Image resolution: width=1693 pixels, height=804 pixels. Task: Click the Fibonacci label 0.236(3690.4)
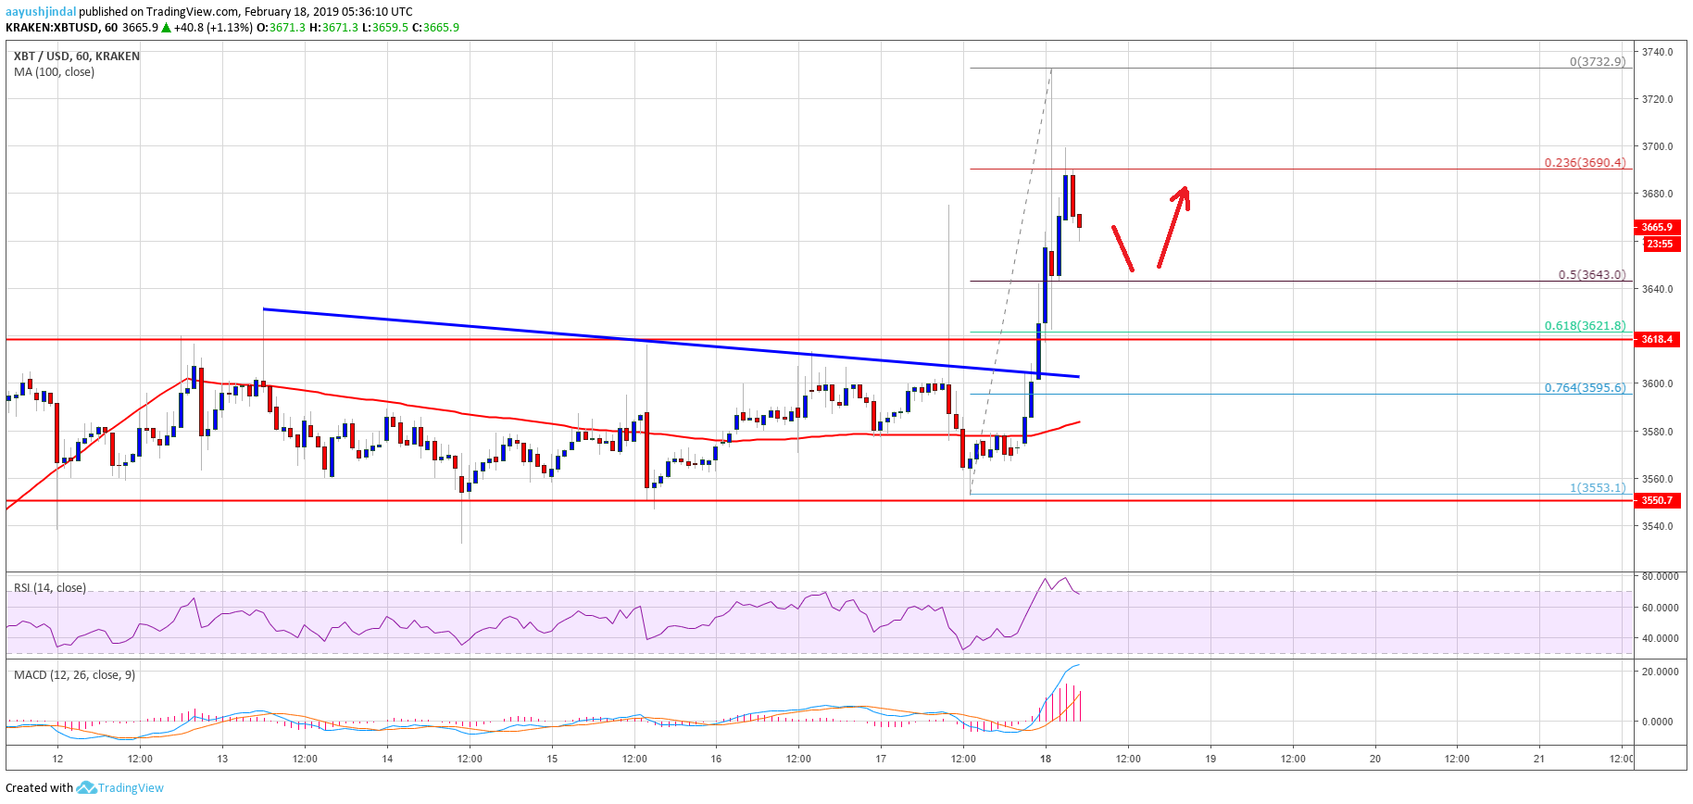(x=1584, y=162)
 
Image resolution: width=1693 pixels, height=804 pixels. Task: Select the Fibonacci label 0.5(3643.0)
(x=1591, y=274)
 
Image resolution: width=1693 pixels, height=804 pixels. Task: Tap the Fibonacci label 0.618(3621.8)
(x=1584, y=325)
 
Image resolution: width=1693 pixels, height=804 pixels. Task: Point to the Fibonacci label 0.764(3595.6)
(x=1584, y=387)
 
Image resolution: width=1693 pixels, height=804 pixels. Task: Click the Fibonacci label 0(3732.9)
(x=1597, y=62)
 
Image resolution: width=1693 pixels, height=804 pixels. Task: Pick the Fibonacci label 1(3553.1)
(x=1597, y=487)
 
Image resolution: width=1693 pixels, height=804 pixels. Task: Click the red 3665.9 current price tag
(x=1657, y=227)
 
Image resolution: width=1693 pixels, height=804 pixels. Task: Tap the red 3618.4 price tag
(x=1657, y=339)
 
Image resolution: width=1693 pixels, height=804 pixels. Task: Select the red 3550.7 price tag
(x=1657, y=500)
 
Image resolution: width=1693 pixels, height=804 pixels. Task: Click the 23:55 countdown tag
(x=1659, y=244)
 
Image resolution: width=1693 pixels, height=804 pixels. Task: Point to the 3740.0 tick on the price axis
(x=1657, y=52)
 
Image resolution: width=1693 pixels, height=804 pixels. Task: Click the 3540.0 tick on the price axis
(x=1657, y=526)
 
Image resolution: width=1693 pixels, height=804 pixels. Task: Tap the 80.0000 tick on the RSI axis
(x=1660, y=576)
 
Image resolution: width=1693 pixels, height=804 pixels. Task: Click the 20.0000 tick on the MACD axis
(x=1660, y=672)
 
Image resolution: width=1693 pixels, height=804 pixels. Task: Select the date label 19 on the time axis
(x=1210, y=759)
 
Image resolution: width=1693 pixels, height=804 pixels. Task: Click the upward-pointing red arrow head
(x=1183, y=194)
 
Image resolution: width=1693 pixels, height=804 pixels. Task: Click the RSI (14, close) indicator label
(x=50, y=588)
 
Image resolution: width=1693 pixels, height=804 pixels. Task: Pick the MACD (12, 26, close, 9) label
(x=74, y=674)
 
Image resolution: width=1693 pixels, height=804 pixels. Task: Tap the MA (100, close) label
(x=54, y=72)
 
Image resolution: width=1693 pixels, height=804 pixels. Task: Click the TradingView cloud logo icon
(x=86, y=787)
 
